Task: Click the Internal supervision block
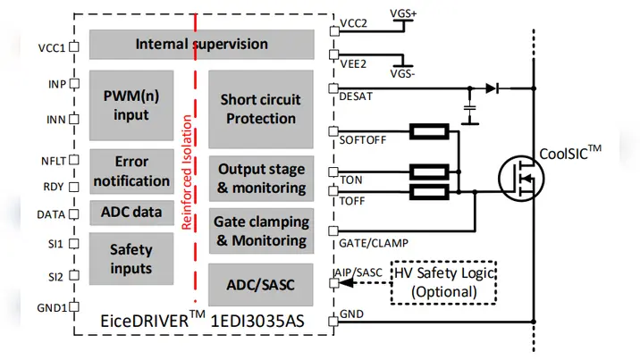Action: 201,44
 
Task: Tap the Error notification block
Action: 131,171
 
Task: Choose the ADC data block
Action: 131,213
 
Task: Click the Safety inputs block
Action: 131,258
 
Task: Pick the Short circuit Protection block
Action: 260,109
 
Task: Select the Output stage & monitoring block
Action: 261,178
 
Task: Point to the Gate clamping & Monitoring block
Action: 261,230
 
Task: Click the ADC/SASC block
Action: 261,285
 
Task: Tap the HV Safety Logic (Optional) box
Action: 443,283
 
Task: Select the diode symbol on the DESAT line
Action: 492,88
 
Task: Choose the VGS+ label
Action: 408,15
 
